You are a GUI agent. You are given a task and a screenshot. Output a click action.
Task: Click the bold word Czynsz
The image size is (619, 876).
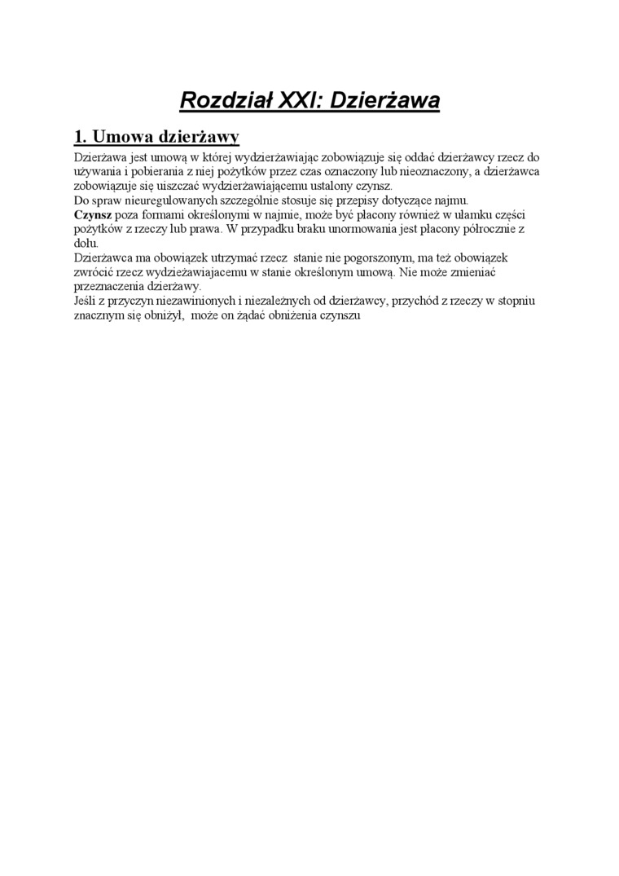tap(92, 214)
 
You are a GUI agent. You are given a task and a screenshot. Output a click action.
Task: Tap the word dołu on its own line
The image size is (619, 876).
tap(86, 243)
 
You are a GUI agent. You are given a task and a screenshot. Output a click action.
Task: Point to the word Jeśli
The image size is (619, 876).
tap(85, 301)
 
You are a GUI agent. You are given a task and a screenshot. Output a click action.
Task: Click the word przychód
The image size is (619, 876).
tap(415, 301)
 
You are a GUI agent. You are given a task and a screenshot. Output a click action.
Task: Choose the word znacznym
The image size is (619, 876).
tap(99, 315)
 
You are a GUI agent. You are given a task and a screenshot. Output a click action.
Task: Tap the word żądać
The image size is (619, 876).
tap(257, 315)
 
